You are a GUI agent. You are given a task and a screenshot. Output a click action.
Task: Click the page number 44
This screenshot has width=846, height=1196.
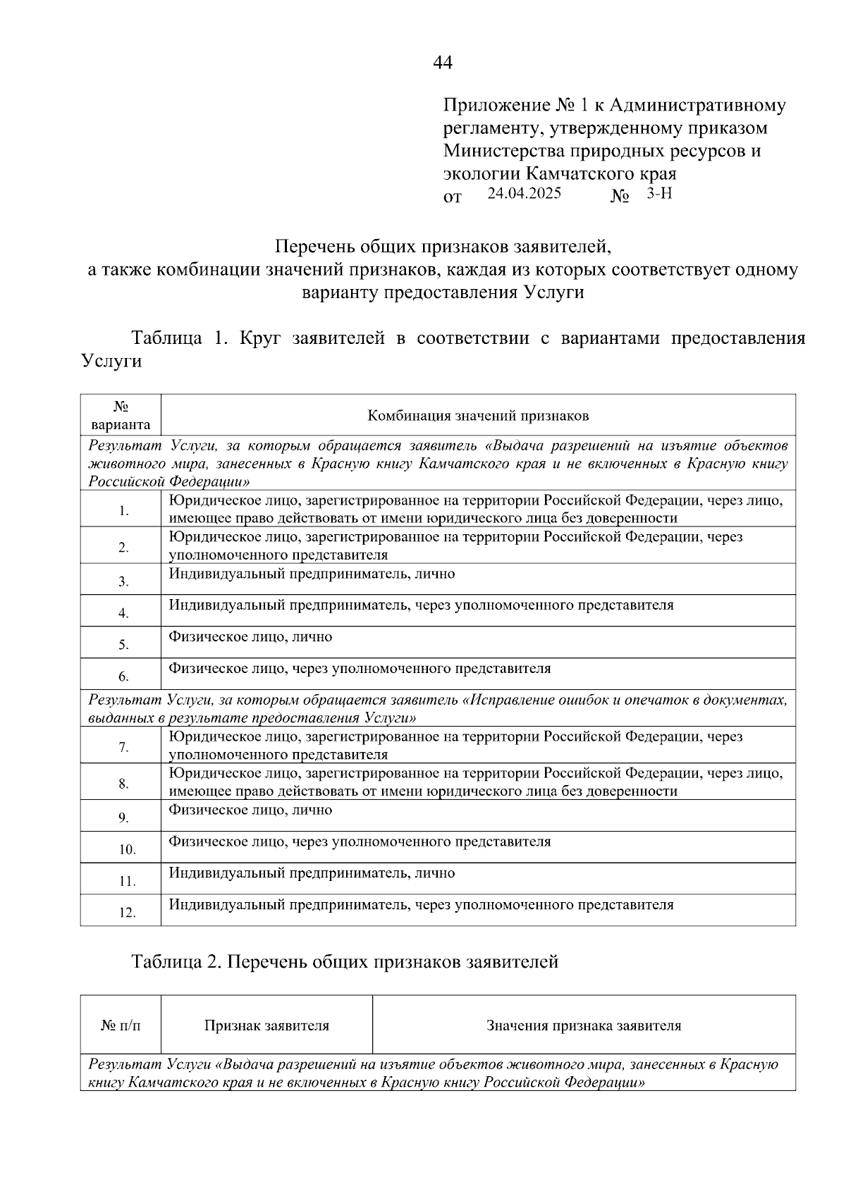(443, 63)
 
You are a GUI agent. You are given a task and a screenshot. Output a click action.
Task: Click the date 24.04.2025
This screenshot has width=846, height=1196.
(524, 193)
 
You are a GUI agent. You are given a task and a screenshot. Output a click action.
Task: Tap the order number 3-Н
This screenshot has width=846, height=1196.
(659, 193)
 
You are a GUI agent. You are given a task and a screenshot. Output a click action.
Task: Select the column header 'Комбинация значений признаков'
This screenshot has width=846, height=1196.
(478, 416)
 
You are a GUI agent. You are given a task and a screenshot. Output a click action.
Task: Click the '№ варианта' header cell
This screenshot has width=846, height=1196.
(121, 416)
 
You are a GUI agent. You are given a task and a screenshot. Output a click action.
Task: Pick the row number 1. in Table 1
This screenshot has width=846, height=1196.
(124, 511)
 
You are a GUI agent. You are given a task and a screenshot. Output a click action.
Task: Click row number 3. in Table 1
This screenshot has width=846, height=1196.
(123, 581)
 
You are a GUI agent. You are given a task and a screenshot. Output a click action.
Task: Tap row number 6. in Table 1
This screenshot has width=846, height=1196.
(123, 677)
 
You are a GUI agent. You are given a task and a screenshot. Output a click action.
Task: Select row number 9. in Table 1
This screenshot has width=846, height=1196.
(123, 818)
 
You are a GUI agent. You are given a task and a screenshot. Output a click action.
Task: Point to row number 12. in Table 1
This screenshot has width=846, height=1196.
(127, 913)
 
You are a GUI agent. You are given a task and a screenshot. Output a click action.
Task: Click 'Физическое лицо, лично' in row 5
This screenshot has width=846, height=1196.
(250, 636)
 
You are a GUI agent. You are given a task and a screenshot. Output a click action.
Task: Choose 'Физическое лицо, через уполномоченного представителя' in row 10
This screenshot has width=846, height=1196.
(360, 841)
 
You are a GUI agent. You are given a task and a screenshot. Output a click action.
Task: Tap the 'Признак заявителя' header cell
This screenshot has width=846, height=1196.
(266, 1025)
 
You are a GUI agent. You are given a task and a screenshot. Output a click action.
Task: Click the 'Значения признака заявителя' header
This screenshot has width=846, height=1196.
(584, 1025)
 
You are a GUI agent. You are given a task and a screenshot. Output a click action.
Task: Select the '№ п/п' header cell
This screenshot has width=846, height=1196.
(121, 1025)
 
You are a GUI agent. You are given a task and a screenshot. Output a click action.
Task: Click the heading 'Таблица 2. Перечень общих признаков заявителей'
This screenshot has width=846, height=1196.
(345, 961)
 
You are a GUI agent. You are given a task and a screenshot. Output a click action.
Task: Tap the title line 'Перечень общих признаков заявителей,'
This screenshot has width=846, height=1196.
(443, 247)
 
